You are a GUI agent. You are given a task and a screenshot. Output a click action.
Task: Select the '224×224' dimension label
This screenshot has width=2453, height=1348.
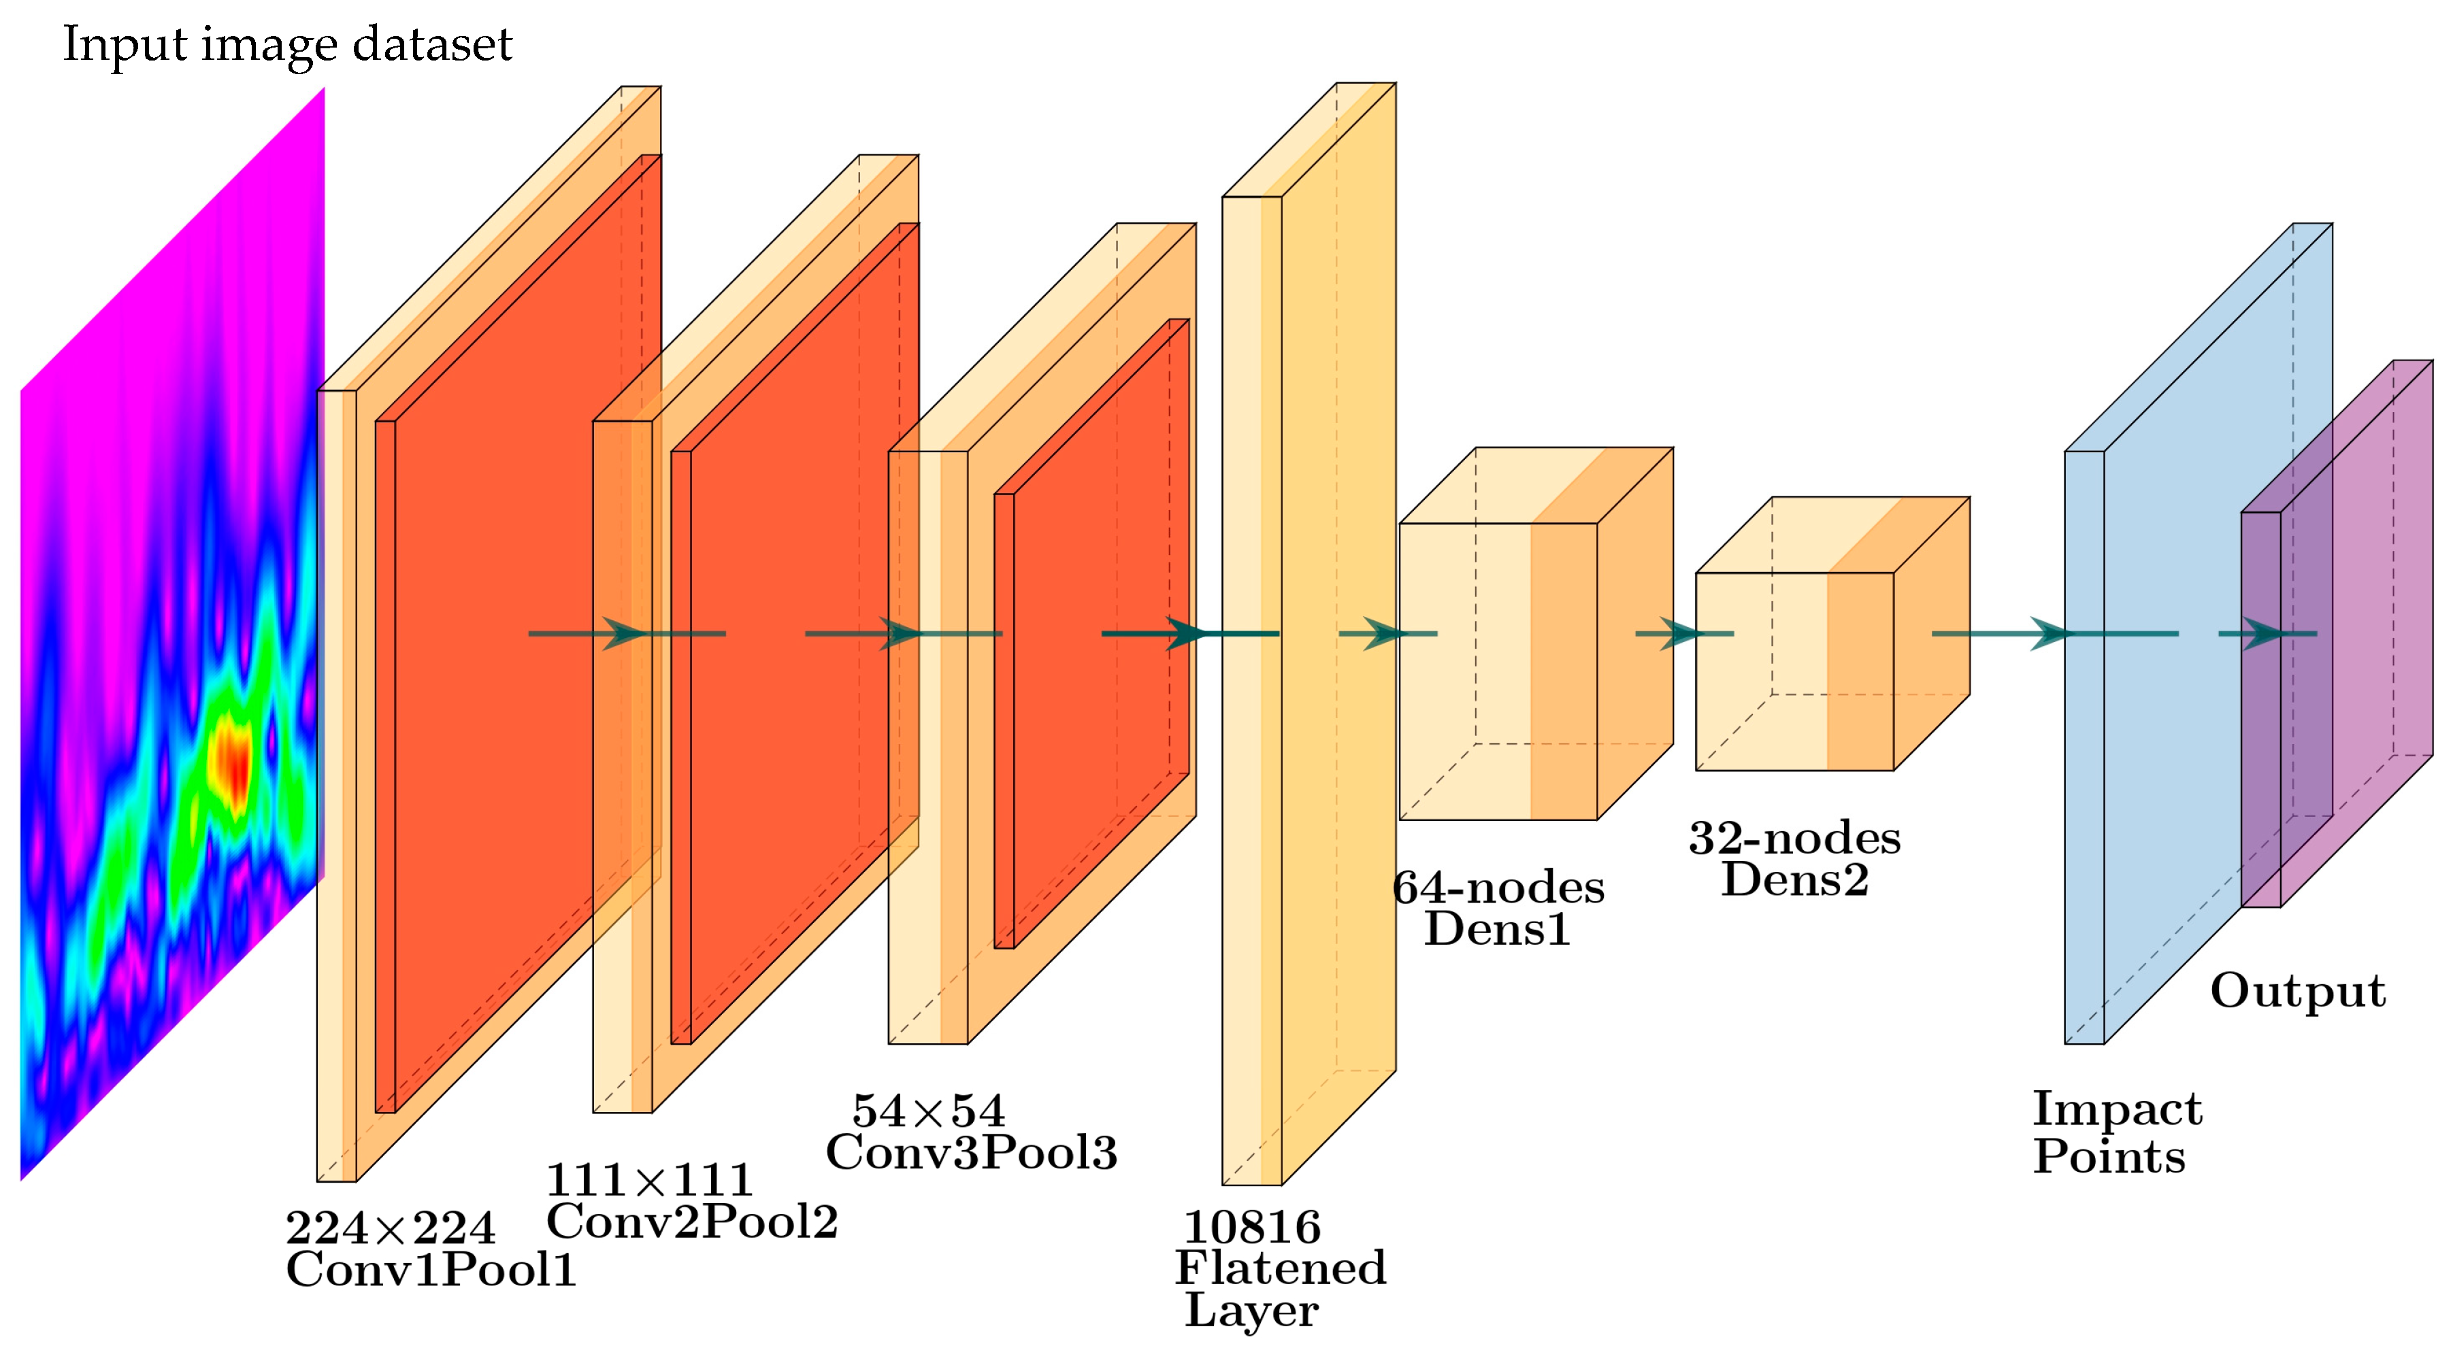391,1228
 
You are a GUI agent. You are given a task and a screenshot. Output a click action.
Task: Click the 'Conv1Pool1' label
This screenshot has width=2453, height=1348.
431,1270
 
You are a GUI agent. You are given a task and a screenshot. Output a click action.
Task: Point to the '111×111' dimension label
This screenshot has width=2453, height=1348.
649,1181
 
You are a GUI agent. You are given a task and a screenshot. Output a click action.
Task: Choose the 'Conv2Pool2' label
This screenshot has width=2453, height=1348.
692,1221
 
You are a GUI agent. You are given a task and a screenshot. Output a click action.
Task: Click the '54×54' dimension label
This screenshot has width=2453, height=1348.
928,1111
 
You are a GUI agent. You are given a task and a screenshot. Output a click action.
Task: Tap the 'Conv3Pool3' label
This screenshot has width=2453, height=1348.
971,1153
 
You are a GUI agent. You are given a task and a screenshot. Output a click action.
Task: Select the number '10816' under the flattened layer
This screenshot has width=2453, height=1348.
1252,1227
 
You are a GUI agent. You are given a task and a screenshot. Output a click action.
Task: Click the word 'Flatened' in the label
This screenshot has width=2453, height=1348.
1281,1268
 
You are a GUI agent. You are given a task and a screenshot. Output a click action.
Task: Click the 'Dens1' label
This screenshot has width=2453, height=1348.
1497,929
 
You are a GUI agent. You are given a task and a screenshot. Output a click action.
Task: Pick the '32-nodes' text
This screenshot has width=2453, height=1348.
1795,838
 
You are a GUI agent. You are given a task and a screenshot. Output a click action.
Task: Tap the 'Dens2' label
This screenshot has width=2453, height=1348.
1795,879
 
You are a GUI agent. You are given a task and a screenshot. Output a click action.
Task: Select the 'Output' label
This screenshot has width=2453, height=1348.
2298,991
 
